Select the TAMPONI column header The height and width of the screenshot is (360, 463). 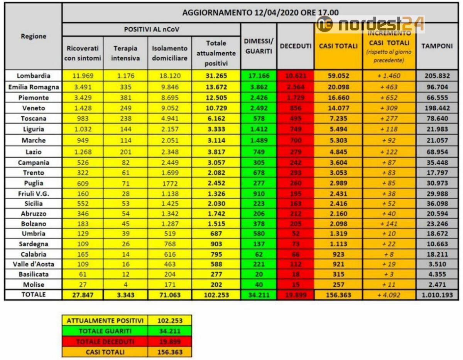(x=437, y=46)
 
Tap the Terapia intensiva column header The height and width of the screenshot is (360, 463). (x=126, y=54)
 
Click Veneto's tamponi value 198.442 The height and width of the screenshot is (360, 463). (x=437, y=108)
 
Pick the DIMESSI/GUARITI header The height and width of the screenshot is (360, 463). (x=259, y=46)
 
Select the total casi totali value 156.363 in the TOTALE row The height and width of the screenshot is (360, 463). (x=338, y=295)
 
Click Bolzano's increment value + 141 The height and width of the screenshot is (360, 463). (x=389, y=224)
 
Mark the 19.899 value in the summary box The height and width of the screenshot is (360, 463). (x=170, y=341)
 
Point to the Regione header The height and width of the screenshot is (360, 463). (x=34, y=36)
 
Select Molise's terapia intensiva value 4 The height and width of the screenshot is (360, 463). (x=126, y=285)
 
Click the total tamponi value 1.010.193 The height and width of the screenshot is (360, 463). (x=437, y=295)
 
